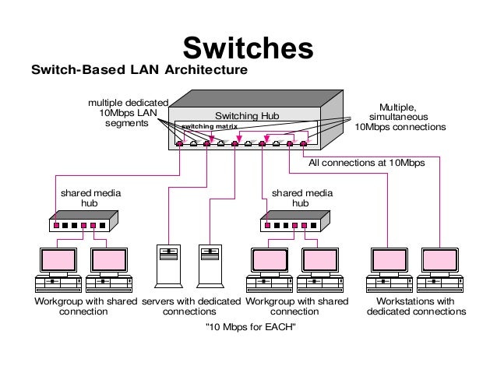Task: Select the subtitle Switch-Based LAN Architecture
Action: coord(138,71)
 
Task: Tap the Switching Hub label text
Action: coord(246,116)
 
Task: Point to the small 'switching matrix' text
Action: coord(209,126)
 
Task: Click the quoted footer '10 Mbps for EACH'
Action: coord(249,326)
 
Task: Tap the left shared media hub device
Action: coord(82,224)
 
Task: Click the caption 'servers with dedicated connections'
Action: coord(191,306)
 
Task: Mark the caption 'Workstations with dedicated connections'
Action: coord(415,306)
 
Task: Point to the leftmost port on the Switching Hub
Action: coord(180,143)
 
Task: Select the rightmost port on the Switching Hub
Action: coord(303,143)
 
